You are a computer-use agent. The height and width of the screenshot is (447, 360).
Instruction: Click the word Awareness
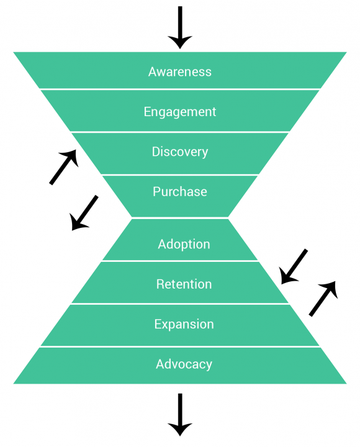pyautogui.click(x=179, y=71)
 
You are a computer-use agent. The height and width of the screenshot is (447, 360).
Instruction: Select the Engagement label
pyautogui.click(x=179, y=112)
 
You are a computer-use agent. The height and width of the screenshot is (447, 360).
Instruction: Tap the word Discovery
pyautogui.click(x=179, y=151)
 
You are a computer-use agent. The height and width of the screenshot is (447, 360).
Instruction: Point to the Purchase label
pyautogui.click(x=179, y=192)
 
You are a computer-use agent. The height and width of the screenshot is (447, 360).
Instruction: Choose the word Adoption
pyautogui.click(x=184, y=244)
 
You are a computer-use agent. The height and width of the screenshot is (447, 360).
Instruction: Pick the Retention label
pyautogui.click(x=184, y=284)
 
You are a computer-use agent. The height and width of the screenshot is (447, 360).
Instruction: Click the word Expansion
pyautogui.click(x=184, y=324)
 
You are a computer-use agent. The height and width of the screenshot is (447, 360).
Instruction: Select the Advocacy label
pyautogui.click(x=184, y=364)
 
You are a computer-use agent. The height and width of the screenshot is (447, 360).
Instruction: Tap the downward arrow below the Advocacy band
pyautogui.click(x=179, y=414)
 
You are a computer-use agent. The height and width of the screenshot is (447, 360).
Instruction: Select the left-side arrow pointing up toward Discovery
pyautogui.click(x=64, y=167)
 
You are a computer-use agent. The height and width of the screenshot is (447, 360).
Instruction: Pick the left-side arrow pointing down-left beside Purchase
pyautogui.click(x=84, y=213)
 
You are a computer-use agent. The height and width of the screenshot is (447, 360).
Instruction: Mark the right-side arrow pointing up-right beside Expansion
pyautogui.click(x=323, y=299)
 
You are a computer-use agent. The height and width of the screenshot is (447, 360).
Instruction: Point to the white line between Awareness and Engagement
pyautogui.click(x=179, y=89)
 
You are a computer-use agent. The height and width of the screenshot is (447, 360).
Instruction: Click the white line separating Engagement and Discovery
pyautogui.click(x=179, y=132)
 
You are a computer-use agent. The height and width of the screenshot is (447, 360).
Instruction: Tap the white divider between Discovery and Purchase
pyautogui.click(x=179, y=174)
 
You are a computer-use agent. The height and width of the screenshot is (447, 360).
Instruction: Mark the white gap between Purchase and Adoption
pyautogui.click(x=179, y=218)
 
